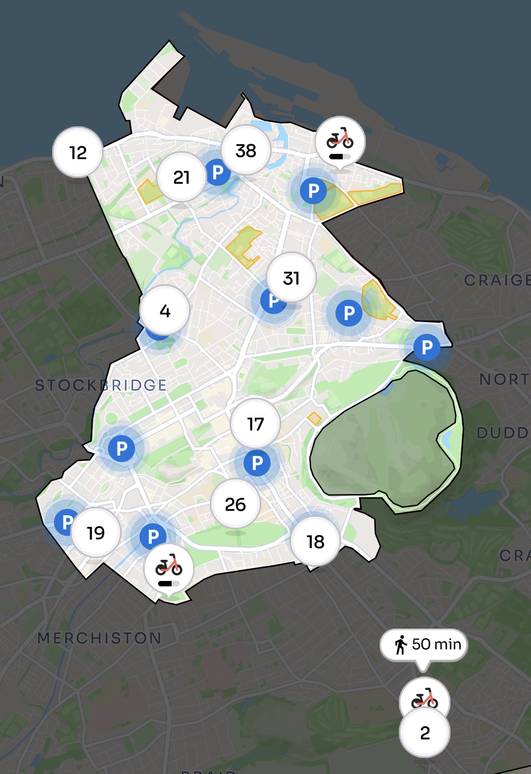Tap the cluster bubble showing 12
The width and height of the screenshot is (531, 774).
point(78,153)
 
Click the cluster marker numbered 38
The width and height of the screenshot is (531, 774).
point(246,150)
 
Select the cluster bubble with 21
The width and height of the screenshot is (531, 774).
point(182,177)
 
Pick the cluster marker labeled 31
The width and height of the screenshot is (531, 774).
point(291,278)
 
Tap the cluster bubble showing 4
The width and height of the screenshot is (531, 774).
point(165,310)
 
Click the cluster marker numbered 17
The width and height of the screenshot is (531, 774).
point(255,424)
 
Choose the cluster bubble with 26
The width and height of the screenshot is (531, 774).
point(236,504)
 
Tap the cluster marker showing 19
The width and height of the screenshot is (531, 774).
point(96,533)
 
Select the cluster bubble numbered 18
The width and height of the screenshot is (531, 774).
point(316,542)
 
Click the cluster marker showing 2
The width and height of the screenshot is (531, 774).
point(425,733)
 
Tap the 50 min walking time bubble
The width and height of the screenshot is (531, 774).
point(424,644)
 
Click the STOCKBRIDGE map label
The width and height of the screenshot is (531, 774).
point(101,385)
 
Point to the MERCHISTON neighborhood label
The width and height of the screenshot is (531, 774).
point(99,638)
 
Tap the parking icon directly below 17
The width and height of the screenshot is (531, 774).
point(257,463)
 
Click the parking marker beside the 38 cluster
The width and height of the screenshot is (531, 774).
point(218,172)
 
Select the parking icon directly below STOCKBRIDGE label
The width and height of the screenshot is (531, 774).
point(122,448)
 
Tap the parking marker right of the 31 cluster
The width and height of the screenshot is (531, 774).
point(349,313)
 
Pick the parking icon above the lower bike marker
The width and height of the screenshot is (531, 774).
point(153,536)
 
